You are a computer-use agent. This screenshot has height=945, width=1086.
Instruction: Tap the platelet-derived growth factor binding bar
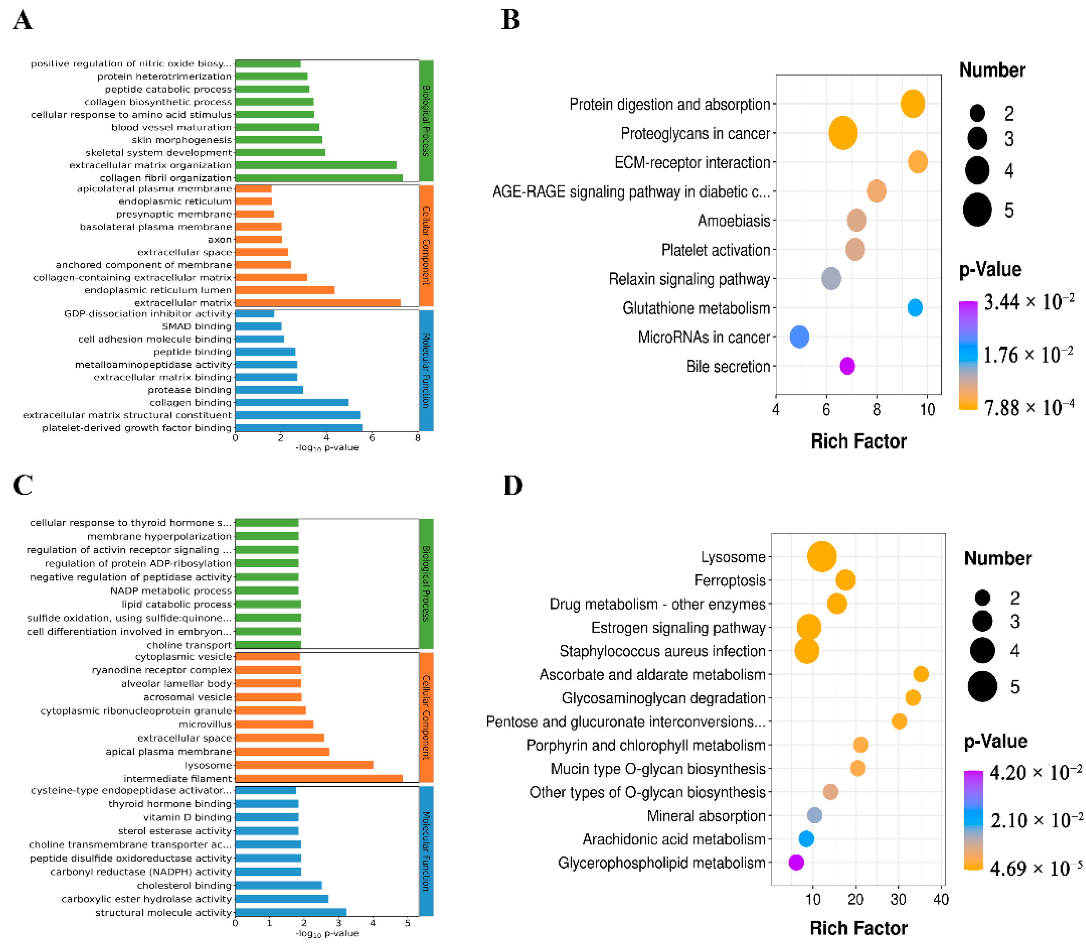tap(298, 427)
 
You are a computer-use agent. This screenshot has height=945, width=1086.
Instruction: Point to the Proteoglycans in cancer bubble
tap(842, 133)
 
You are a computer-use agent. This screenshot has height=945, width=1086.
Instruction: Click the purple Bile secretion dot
tap(847, 366)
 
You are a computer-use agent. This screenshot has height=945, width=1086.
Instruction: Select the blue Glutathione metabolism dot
tap(914, 308)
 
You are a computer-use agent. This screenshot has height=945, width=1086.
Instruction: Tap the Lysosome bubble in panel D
tap(821, 556)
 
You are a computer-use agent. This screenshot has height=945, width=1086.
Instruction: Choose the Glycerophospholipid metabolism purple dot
tap(796, 863)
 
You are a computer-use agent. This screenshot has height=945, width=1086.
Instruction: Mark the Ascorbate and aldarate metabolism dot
tap(920, 674)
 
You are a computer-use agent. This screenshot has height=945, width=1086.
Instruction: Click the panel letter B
tap(511, 20)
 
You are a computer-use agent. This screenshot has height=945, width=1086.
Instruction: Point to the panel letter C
tap(23, 485)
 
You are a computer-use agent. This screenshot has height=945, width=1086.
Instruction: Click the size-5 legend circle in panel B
tap(977, 210)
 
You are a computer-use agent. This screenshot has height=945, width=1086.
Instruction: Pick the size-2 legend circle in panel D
tap(982, 598)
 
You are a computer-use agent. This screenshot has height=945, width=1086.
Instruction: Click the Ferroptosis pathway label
tap(729, 581)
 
